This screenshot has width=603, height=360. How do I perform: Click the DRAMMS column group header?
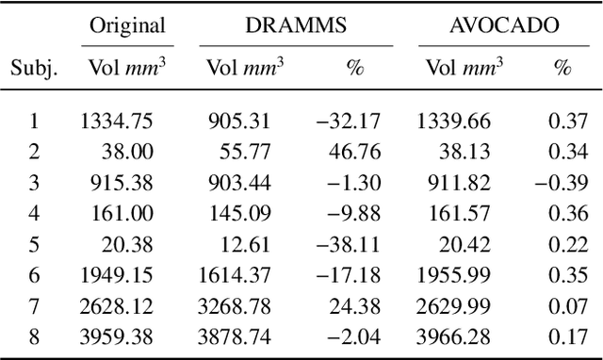coord(295,25)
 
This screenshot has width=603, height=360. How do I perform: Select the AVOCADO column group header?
coord(503,25)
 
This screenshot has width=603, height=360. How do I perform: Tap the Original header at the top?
coord(126,25)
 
